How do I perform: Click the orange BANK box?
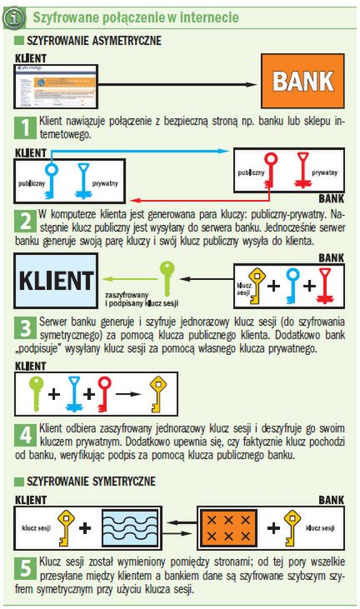pos(302,81)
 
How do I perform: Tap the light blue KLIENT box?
pos(56,281)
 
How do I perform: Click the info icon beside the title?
pos(14,17)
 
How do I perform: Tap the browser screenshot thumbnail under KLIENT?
pos(56,86)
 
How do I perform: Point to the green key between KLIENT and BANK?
pos(167,278)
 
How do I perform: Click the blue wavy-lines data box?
pos(131,528)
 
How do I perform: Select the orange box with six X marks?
pos(228,528)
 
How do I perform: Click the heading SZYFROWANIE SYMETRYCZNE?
pos(91,482)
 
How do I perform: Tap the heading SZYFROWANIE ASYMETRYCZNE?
pos(94,40)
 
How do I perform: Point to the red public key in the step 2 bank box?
pos(271,171)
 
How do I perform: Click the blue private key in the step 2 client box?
pos(83,181)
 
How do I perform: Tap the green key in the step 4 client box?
pos(37,393)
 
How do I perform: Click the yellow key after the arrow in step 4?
pos(157,393)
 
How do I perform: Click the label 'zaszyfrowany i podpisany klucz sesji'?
pos(142,299)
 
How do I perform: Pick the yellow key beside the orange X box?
pos(292,528)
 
